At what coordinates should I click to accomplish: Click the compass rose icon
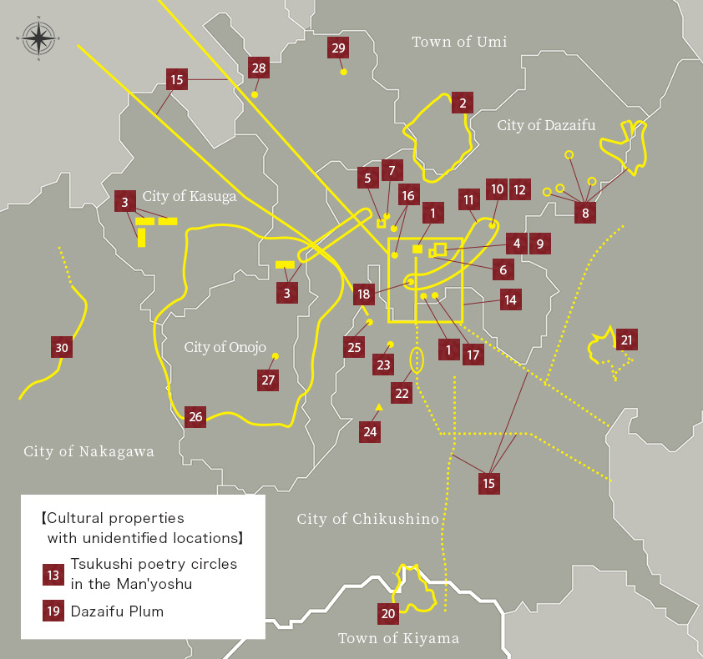click(38, 38)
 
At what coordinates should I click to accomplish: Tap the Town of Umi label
click(459, 42)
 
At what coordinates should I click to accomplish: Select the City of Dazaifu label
click(547, 125)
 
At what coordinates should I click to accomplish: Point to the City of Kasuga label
click(190, 197)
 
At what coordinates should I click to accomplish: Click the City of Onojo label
click(225, 347)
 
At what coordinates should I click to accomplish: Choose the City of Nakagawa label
click(89, 451)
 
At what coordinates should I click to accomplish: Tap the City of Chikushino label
click(368, 519)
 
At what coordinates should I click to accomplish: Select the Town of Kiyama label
click(399, 638)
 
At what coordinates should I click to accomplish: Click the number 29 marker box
click(338, 48)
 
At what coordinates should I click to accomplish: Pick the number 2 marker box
click(462, 103)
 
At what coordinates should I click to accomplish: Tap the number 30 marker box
click(61, 348)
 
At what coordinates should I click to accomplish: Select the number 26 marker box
click(195, 417)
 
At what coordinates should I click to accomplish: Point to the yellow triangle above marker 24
click(379, 406)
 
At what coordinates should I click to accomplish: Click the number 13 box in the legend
click(53, 575)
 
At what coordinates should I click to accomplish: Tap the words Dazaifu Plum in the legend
click(117, 611)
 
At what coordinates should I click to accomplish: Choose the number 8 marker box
click(585, 213)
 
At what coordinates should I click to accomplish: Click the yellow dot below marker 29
click(343, 72)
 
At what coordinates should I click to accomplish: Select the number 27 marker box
click(268, 380)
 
